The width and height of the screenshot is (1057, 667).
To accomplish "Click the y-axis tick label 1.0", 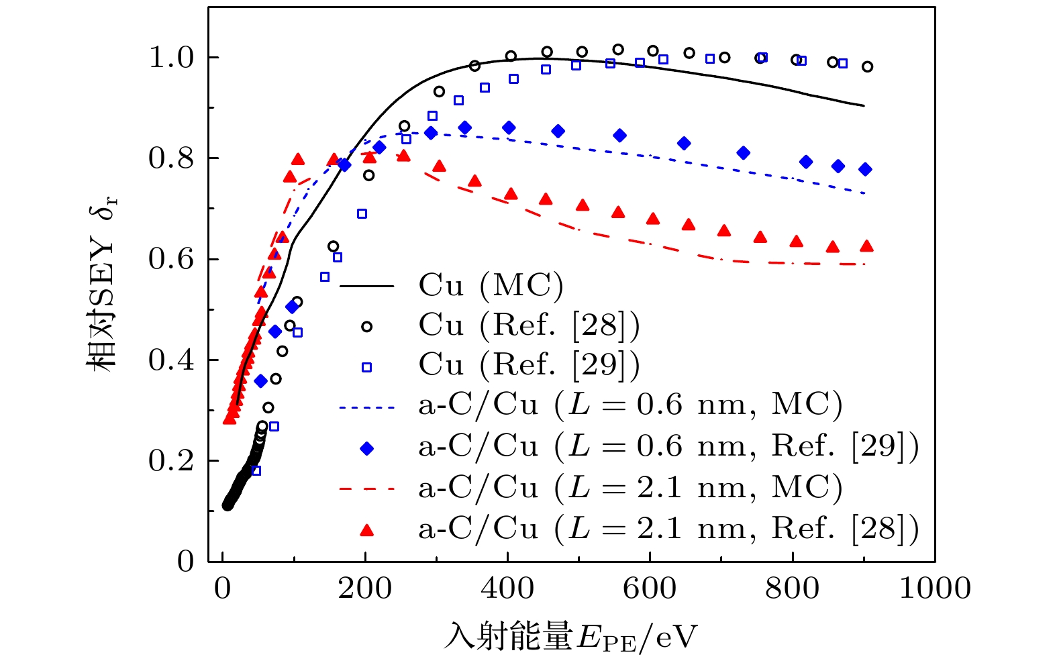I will click(170, 58).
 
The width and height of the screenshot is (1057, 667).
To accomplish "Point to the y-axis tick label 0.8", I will click(170, 159).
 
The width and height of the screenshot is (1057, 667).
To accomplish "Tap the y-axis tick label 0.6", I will click(170, 260).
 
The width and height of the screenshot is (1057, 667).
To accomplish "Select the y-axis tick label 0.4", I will click(170, 360).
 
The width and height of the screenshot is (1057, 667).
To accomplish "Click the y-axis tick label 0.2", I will click(170, 461).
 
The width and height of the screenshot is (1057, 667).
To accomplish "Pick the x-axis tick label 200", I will click(365, 588).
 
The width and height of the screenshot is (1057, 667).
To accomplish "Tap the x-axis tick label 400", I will click(507, 588).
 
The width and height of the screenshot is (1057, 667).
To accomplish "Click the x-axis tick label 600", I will click(650, 588).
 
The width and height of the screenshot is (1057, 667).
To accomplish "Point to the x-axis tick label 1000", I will click(934, 588).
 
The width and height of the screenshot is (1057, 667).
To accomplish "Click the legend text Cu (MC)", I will click(491, 285).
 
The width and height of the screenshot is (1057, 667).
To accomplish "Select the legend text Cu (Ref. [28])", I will click(529, 325).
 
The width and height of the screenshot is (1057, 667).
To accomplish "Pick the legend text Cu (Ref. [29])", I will click(529, 365).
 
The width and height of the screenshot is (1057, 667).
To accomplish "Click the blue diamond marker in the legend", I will click(366, 448).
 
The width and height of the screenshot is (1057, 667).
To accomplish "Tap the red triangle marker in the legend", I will click(366, 530).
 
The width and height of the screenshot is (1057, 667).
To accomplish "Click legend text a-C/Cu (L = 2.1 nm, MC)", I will click(630, 488).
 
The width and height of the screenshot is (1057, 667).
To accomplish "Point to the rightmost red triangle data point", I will click(866, 246).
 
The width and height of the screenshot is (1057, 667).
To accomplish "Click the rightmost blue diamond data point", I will click(865, 170).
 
